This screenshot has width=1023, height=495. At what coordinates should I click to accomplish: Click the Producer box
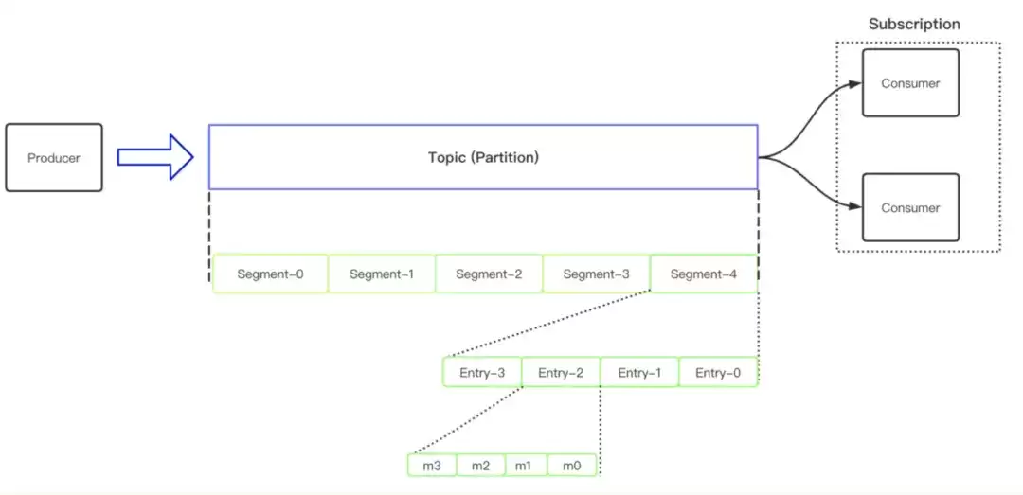tap(54, 158)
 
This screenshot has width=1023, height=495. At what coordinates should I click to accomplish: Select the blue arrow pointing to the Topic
tap(155, 157)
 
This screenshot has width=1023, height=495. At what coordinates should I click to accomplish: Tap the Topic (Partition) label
tap(483, 157)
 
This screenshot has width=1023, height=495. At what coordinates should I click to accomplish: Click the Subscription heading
tap(914, 24)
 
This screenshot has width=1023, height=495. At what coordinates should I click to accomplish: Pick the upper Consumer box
tap(910, 83)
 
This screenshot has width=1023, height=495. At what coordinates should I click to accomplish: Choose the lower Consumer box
tap(910, 207)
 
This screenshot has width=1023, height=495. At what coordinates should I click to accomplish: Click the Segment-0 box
tap(270, 274)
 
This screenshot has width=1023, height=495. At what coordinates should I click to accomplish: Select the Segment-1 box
tap(382, 274)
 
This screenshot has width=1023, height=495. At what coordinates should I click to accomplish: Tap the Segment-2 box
tap(489, 274)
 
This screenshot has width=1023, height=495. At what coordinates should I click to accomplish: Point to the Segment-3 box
tap(597, 274)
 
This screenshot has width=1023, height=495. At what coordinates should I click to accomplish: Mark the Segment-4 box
tap(704, 274)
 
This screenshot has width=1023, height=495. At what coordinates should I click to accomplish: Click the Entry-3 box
tap(482, 372)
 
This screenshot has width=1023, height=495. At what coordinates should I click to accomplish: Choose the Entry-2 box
tap(561, 372)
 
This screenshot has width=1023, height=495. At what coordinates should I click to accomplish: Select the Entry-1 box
tap(640, 372)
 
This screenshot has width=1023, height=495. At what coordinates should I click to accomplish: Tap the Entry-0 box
tap(718, 372)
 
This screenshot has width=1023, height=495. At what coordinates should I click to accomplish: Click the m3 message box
tap(432, 466)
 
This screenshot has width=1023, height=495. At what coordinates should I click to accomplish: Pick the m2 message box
tap(481, 466)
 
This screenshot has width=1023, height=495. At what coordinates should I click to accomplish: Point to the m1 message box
tap(527, 466)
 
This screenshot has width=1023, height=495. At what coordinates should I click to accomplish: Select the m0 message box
tap(572, 466)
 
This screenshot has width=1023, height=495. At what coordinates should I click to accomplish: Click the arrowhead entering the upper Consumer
tap(855, 83)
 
